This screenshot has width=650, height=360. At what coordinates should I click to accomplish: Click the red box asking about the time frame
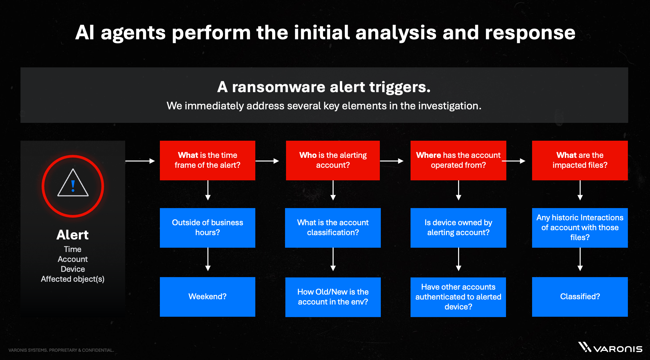(207, 160)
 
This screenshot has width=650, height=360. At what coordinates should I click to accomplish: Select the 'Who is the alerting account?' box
(333, 160)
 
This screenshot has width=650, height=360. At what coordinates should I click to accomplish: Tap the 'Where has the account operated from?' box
(458, 160)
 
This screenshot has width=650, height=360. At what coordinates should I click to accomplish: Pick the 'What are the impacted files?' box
(580, 160)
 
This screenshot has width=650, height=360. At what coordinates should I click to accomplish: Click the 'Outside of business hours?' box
(207, 228)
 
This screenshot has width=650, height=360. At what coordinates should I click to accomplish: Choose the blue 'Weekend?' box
(207, 297)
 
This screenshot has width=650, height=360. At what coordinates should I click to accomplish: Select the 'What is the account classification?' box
(333, 228)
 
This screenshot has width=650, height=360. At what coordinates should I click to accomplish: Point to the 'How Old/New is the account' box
(333, 297)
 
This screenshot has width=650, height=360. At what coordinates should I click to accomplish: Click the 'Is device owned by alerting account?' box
(458, 228)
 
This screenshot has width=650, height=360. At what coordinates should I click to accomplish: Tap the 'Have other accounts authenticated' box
(458, 297)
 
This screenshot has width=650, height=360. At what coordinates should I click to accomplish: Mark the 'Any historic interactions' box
(580, 228)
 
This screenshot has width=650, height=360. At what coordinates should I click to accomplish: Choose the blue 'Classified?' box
(580, 297)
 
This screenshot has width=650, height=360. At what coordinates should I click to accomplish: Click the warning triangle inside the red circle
(73, 184)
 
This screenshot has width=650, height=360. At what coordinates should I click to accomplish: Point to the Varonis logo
(610, 348)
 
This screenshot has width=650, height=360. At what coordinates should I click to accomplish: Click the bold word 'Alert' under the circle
(73, 235)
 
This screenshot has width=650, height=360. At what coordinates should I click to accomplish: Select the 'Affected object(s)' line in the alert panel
(73, 279)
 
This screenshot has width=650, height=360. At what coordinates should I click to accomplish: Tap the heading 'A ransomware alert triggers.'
(324, 87)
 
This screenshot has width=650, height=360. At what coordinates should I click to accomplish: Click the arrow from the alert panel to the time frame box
(140, 161)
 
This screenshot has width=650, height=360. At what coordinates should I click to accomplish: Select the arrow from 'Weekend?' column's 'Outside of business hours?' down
(208, 259)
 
